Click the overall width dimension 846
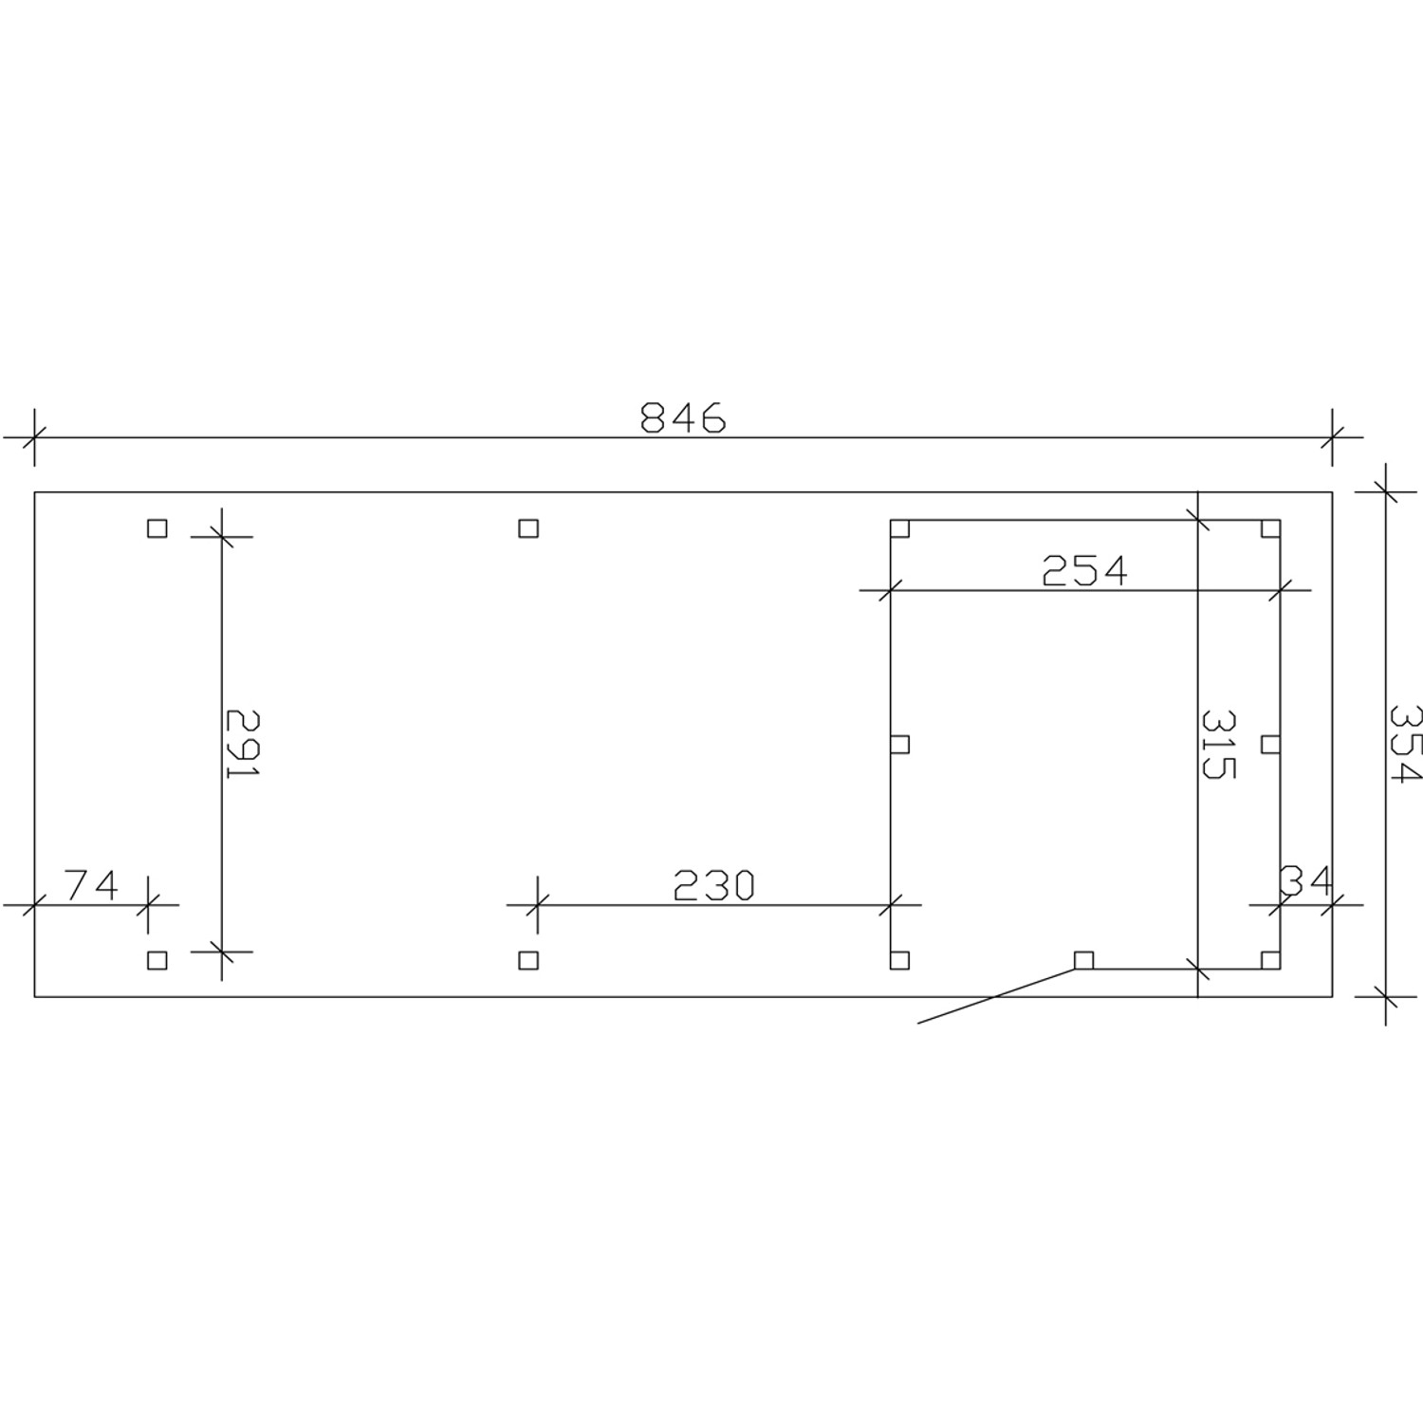[x=683, y=417]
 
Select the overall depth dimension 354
[x=1404, y=744]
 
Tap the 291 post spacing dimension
[x=243, y=744]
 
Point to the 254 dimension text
[x=1084, y=571]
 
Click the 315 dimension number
[x=1218, y=744]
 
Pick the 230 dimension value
[x=713, y=885]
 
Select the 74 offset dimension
[x=92, y=885]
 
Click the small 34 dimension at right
[x=1306, y=881]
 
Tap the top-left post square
[x=157, y=528]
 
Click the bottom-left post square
[x=157, y=960]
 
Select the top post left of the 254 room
[x=528, y=528]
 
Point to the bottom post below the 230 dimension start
[x=528, y=960]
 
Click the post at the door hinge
[x=1083, y=960]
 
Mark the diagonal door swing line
[x=996, y=996]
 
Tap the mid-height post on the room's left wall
[x=899, y=744]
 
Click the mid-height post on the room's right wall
[x=1270, y=744]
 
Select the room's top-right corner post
[x=1270, y=528]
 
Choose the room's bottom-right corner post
[x=1270, y=960]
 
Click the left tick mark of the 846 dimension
[x=34, y=437]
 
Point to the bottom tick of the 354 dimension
[x=1386, y=996]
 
